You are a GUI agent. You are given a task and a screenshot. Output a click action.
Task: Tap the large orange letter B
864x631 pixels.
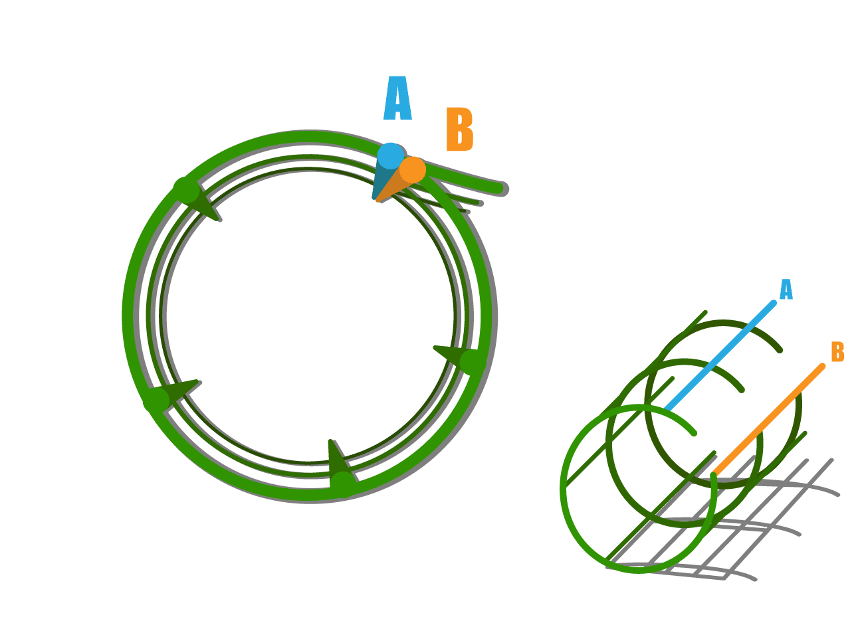pos(460,130)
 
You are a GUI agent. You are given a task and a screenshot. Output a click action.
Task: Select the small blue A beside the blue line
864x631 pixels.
pos(786,290)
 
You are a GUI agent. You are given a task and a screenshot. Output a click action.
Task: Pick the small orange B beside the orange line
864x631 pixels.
pos(837,352)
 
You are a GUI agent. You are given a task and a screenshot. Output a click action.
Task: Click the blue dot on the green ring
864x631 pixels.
pos(390,155)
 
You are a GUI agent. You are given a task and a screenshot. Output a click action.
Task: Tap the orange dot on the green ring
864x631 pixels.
pos(413,169)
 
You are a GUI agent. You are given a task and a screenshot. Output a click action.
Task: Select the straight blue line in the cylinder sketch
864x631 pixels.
pos(719,356)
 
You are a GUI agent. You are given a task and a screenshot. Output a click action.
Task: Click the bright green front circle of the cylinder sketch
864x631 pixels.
pos(563,485)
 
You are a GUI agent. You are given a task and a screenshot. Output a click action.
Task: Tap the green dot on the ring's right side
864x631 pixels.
pos(472,362)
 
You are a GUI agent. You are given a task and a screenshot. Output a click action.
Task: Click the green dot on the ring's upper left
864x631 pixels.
pos(185,191)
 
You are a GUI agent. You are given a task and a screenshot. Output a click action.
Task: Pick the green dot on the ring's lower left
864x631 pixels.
pos(157,400)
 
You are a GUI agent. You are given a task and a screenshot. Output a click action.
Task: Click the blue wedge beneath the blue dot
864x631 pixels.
pos(381,183)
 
